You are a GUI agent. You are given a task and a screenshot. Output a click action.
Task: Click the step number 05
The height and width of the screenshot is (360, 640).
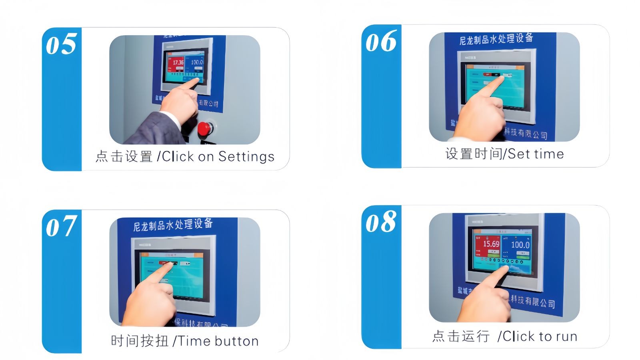[61, 44]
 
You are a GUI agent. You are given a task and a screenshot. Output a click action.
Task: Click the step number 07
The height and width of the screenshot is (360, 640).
[61, 226]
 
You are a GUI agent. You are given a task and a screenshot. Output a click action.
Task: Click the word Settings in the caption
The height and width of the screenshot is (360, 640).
[246, 156]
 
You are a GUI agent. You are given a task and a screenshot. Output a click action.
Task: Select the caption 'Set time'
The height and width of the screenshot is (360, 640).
[536, 154]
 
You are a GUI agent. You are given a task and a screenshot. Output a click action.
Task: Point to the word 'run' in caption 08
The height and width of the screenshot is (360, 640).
[566, 337]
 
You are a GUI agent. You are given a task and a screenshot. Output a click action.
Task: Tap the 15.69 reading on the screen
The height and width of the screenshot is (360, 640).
[491, 244]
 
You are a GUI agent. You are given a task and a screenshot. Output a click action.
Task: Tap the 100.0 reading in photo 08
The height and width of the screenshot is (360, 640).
[520, 244]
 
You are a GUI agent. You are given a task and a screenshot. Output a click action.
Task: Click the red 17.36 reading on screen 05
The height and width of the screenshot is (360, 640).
[178, 62]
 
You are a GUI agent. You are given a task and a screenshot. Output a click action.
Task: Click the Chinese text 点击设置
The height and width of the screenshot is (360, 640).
[124, 156]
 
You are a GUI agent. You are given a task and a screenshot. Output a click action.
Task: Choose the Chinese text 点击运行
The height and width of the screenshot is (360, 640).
[461, 336]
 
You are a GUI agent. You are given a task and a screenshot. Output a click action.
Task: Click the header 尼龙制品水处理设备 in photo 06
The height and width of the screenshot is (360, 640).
[496, 39]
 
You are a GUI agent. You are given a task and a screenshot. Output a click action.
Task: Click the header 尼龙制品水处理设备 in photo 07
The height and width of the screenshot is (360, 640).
[173, 225]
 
